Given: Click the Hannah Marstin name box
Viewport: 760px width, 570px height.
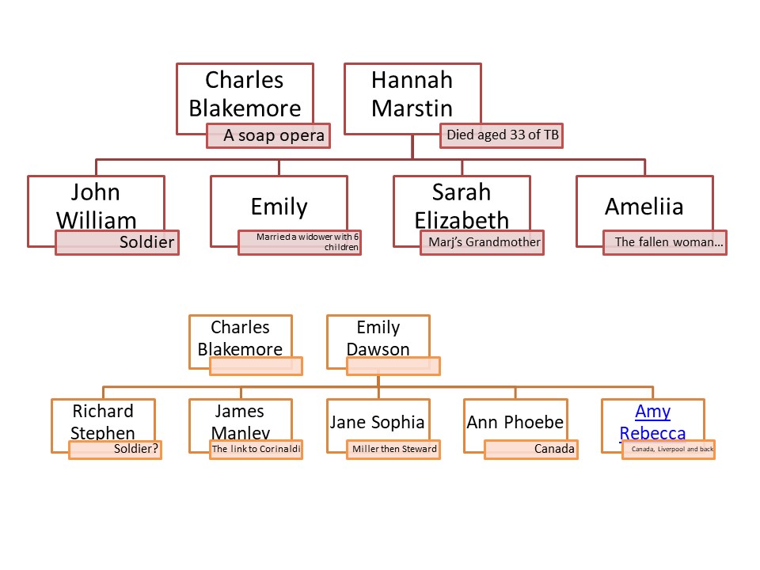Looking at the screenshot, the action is [x=412, y=94].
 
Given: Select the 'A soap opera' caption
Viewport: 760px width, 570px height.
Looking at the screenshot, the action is [x=268, y=135].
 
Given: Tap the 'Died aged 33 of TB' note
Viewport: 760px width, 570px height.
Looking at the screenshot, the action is [x=502, y=135].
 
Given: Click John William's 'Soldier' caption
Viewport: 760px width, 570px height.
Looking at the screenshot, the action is [x=117, y=242].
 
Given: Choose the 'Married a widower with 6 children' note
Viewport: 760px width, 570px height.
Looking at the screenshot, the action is [x=300, y=242].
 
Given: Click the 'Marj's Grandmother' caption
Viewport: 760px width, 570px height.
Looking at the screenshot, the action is [x=482, y=242].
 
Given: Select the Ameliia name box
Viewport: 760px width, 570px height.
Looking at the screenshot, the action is [x=644, y=206].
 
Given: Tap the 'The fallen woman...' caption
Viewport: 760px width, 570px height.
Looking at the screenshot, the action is [x=665, y=242].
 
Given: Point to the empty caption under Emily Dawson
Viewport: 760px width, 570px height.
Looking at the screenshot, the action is [x=393, y=366].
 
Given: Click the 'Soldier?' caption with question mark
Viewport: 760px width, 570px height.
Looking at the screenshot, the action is [x=116, y=450].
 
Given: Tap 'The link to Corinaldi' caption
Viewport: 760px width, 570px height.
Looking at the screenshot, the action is [x=256, y=450].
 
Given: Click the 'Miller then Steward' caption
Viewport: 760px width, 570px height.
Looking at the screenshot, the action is [x=393, y=450].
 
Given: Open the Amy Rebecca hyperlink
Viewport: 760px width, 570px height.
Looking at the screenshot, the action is [x=653, y=422].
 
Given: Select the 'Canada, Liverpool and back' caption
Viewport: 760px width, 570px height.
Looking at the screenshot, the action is [x=669, y=450].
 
